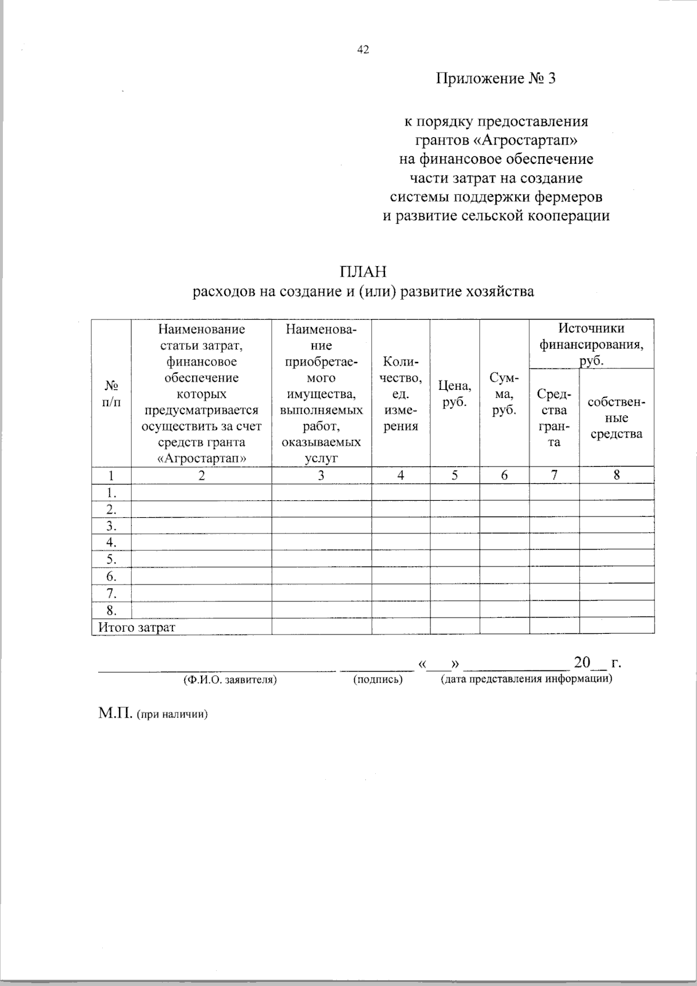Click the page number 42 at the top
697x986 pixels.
[363, 51]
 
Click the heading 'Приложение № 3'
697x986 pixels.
[495, 78]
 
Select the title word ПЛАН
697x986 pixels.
[363, 272]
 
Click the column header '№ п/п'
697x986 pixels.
[112, 394]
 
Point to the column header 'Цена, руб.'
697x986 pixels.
[455, 393]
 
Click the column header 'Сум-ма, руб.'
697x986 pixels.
[504, 394]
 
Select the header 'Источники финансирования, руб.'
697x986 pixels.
[591, 344]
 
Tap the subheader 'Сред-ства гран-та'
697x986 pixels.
[554, 418]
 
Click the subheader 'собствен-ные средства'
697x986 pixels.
[616, 418]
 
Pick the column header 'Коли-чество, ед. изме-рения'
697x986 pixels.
[401, 393]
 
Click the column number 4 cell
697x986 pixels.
[401, 475]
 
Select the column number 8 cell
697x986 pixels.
[616, 475]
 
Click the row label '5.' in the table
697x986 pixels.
[112, 560]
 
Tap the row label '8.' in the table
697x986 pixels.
[112, 610]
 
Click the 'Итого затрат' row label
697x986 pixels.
[136, 627]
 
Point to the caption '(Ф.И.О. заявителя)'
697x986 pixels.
[229, 679]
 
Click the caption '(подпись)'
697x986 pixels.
[378, 679]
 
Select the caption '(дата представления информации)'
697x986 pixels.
[526, 679]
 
